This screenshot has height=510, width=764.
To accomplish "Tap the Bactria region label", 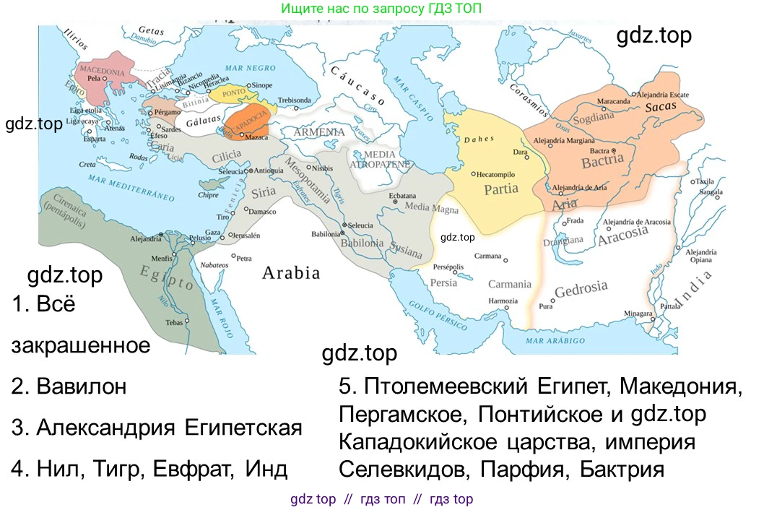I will (x=602, y=161).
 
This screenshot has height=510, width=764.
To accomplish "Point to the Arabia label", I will (x=290, y=273).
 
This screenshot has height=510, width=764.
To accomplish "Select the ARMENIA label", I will (x=320, y=132).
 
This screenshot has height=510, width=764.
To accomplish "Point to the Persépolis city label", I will (x=448, y=267).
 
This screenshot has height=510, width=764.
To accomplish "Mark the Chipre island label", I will (x=208, y=195).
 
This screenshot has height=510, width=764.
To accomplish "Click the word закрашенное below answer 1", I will (x=81, y=345).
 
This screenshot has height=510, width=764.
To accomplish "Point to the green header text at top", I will (x=381, y=9).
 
